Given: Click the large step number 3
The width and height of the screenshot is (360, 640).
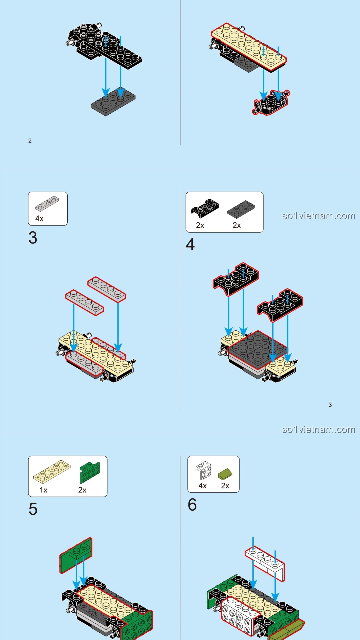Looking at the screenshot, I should tap(33, 238).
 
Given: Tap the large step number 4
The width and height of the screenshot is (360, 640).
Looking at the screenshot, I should tap(190, 245).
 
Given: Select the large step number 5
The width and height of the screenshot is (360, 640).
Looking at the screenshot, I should tap(33, 509).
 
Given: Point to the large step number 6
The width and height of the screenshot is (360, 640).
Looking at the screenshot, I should tap(192, 505).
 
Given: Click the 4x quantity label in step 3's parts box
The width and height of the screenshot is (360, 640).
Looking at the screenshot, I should tap(39, 218).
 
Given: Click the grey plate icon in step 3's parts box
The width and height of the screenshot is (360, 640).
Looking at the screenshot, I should tap(47, 204).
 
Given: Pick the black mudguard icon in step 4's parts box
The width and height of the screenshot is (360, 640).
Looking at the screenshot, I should tap(205, 208).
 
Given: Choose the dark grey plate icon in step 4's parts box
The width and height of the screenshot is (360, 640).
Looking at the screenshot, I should tap(241, 209).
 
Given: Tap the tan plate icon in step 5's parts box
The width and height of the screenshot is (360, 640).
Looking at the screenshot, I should tap(52, 471).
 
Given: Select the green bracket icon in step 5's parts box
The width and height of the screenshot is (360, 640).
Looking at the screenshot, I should tap(90, 472).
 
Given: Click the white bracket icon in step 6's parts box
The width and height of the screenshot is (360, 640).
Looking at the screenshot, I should tap(204, 470).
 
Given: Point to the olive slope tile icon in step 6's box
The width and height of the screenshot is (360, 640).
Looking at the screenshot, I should tap(225, 473).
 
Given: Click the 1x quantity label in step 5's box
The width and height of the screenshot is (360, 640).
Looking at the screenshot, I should tap(43, 490).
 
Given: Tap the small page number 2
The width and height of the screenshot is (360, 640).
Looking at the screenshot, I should tap(30, 141).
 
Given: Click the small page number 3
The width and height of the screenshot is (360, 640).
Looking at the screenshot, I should tap(330, 405).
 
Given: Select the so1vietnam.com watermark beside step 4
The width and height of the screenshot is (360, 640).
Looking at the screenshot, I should tap(318, 216).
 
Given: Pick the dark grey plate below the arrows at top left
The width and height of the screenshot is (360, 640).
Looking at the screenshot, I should tap(113, 102).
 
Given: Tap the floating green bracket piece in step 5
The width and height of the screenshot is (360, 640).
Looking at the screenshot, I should tap(76, 555).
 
